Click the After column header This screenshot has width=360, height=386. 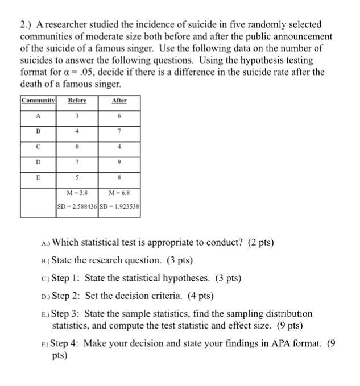point(119,101)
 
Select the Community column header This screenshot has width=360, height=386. point(38,101)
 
